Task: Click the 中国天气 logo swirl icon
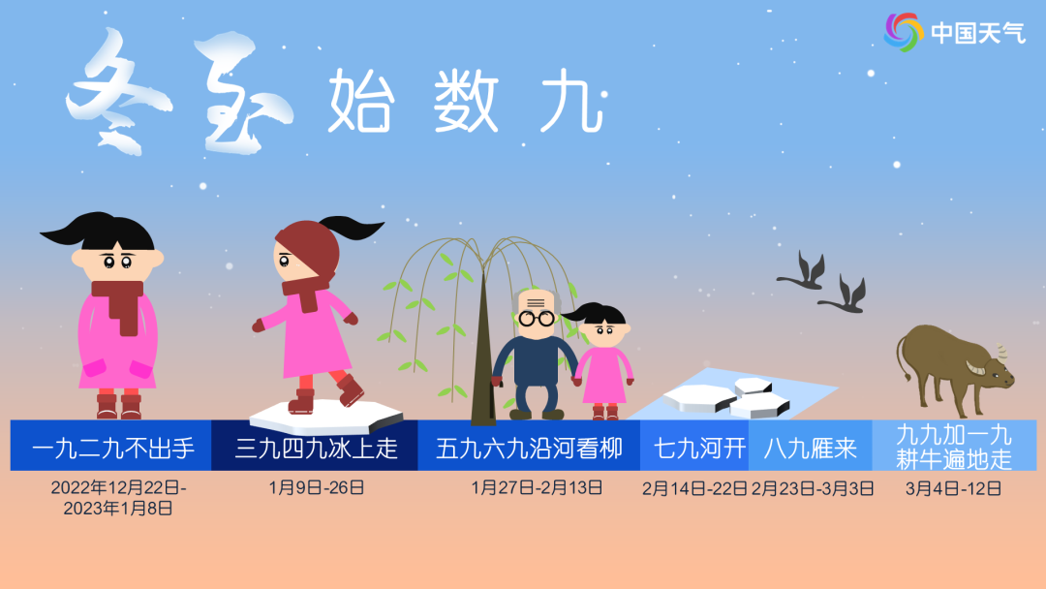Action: [904, 32]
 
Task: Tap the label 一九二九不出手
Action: [112, 449]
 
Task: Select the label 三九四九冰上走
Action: [316, 449]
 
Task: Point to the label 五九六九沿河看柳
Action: [529, 449]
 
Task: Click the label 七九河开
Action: [700, 449]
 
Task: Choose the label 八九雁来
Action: [810, 449]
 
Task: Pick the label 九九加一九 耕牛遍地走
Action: [954, 447]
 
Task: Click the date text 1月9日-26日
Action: [316, 487]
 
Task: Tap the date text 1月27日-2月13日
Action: [537, 487]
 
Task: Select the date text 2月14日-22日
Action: [694, 489]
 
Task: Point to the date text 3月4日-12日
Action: [953, 489]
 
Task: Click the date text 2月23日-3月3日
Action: [813, 489]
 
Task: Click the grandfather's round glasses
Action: [537, 318]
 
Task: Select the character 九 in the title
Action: [572, 101]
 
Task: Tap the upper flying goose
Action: [803, 271]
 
